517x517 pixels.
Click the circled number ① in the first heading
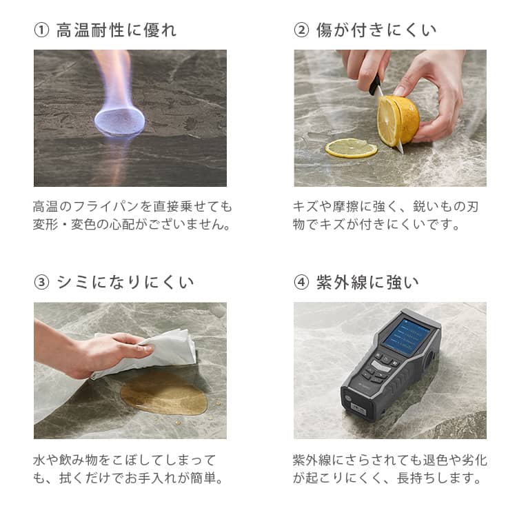(41, 30)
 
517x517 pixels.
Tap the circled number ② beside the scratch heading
(301, 30)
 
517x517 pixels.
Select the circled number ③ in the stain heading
(41, 283)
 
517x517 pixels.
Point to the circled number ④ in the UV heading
(301, 283)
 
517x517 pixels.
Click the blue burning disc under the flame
(119, 121)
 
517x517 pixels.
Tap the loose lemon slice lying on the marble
(351, 148)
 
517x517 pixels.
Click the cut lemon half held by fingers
(398, 120)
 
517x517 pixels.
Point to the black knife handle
(374, 85)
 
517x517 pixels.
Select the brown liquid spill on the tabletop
(164, 395)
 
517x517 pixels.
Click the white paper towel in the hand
(152, 354)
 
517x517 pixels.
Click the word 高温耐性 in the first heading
(90, 30)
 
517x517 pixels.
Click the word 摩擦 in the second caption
(345, 207)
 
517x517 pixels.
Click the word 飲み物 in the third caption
(79, 460)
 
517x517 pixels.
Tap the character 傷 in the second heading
(325, 30)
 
